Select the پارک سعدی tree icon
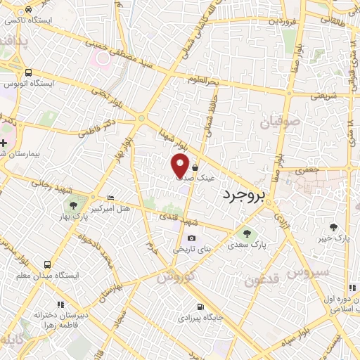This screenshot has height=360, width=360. pyautogui.click(x=246, y=233)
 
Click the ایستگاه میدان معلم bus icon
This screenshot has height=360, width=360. pyautogui.click(x=46, y=264)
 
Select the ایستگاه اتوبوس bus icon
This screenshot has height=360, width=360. pyautogui.click(x=28, y=72)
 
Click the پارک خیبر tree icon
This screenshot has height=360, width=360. pyautogui.click(x=333, y=226)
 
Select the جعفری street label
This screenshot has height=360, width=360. pyautogui.click(x=307, y=169)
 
